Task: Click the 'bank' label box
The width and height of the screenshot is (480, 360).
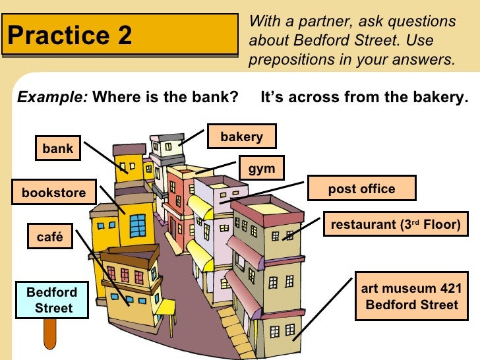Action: click(58, 148)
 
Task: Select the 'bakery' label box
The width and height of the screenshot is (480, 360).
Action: click(242, 136)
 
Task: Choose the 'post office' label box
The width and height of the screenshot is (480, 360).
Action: click(361, 189)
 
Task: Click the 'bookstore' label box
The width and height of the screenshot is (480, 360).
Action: click(54, 193)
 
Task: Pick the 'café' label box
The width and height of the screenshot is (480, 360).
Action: click(50, 236)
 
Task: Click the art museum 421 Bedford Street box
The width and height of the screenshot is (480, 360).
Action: click(411, 296)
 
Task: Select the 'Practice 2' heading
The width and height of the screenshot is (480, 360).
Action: click(71, 35)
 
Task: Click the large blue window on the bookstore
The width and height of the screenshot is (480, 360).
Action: click(137, 225)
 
